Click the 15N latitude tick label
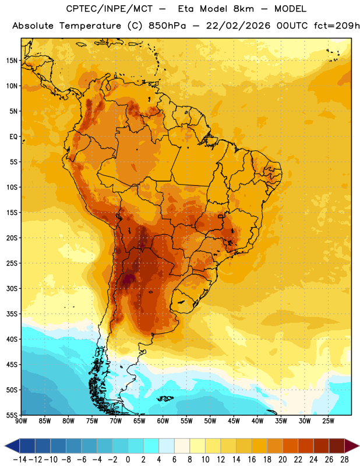click(x=12, y=61)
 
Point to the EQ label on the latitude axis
click(x=13, y=137)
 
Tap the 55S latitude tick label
click(x=12, y=415)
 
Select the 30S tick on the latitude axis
click(x=12, y=288)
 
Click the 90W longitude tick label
click(x=21, y=421)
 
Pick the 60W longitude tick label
click(x=163, y=421)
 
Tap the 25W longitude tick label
click(x=328, y=421)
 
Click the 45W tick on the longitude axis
click(x=234, y=421)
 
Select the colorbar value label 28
click(x=344, y=460)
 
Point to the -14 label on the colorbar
click(x=20, y=460)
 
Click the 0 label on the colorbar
click(x=128, y=460)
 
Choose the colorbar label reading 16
click(x=252, y=460)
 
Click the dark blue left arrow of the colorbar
click(x=12, y=446)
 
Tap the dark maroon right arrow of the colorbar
click(x=352, y=446)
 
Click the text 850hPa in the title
click(x=167, y=26)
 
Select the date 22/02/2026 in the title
click(x=238, y=26)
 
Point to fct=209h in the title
click(x=337, y=26)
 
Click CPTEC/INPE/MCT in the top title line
click(x=109, y=9)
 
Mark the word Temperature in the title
click(x=90, y=26)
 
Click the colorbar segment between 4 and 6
click(x=167, y=446)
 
